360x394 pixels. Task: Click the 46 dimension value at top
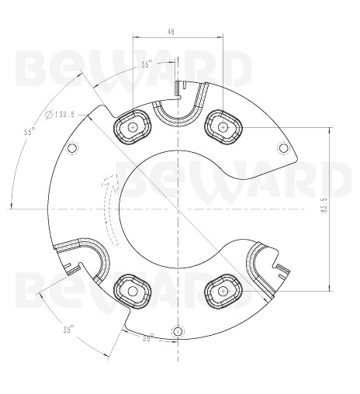171,32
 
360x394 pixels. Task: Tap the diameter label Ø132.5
60,115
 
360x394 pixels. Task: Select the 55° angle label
29,132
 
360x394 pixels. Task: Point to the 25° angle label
148,337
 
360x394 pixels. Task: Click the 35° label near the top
147,64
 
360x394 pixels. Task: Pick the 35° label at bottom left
69,330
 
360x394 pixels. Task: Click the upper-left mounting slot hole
133,127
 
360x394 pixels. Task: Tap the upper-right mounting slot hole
223,126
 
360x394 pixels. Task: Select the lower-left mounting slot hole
133,291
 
